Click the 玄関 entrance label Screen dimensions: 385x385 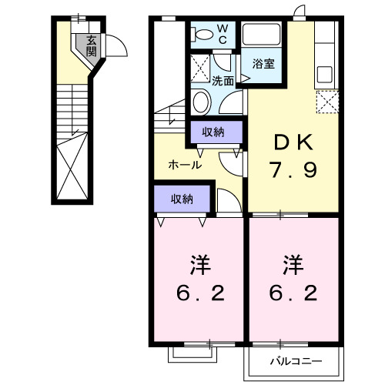(92, 46)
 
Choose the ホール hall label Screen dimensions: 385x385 (185, 165)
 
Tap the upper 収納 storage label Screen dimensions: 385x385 (213, 132)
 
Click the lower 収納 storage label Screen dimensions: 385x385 (182, 199)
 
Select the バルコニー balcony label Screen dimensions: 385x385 (293, 360)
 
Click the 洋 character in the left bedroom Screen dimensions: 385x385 (199, 266)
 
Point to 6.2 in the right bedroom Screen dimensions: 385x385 (292, 295)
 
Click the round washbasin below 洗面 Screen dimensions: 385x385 (202, 100)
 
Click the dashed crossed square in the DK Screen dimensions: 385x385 (329, 102)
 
